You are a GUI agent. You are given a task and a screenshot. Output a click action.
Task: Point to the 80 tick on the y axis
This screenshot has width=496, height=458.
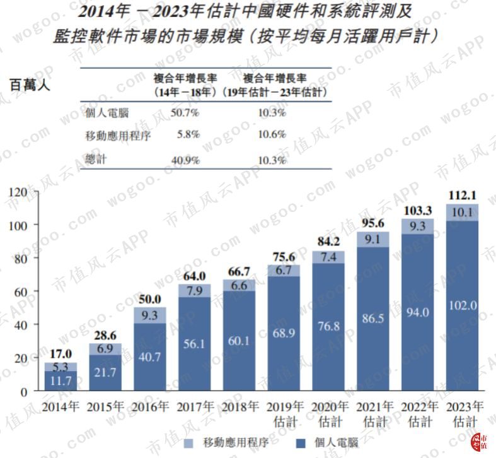coord(23,258)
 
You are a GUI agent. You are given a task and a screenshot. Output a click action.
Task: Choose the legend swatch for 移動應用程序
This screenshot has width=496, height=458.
coord(190,442)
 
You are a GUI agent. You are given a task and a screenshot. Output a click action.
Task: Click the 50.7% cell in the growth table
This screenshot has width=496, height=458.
coord(185,114)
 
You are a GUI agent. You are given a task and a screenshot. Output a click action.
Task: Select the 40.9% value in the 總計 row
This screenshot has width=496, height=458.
coord(185,160)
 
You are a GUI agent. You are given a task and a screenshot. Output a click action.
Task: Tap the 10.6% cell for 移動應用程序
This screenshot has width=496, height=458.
coord(272,134)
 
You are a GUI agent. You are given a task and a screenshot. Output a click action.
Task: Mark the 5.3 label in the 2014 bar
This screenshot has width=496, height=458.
coord(61,367)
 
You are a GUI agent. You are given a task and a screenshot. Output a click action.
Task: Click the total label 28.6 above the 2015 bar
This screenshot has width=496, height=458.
coord(104,334)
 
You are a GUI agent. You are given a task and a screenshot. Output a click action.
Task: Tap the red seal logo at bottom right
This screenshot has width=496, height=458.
coord(480,442)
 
